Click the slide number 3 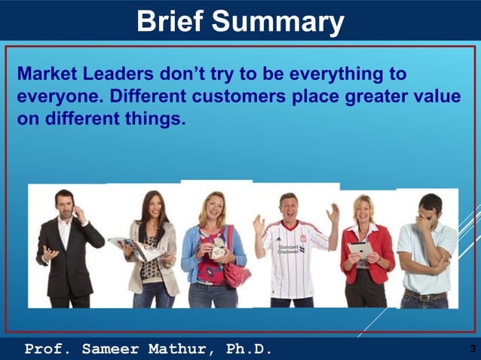pos(472,349)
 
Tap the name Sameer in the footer pos(113,349)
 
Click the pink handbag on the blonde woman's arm pos(236,273)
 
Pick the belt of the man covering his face pos(424,295)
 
